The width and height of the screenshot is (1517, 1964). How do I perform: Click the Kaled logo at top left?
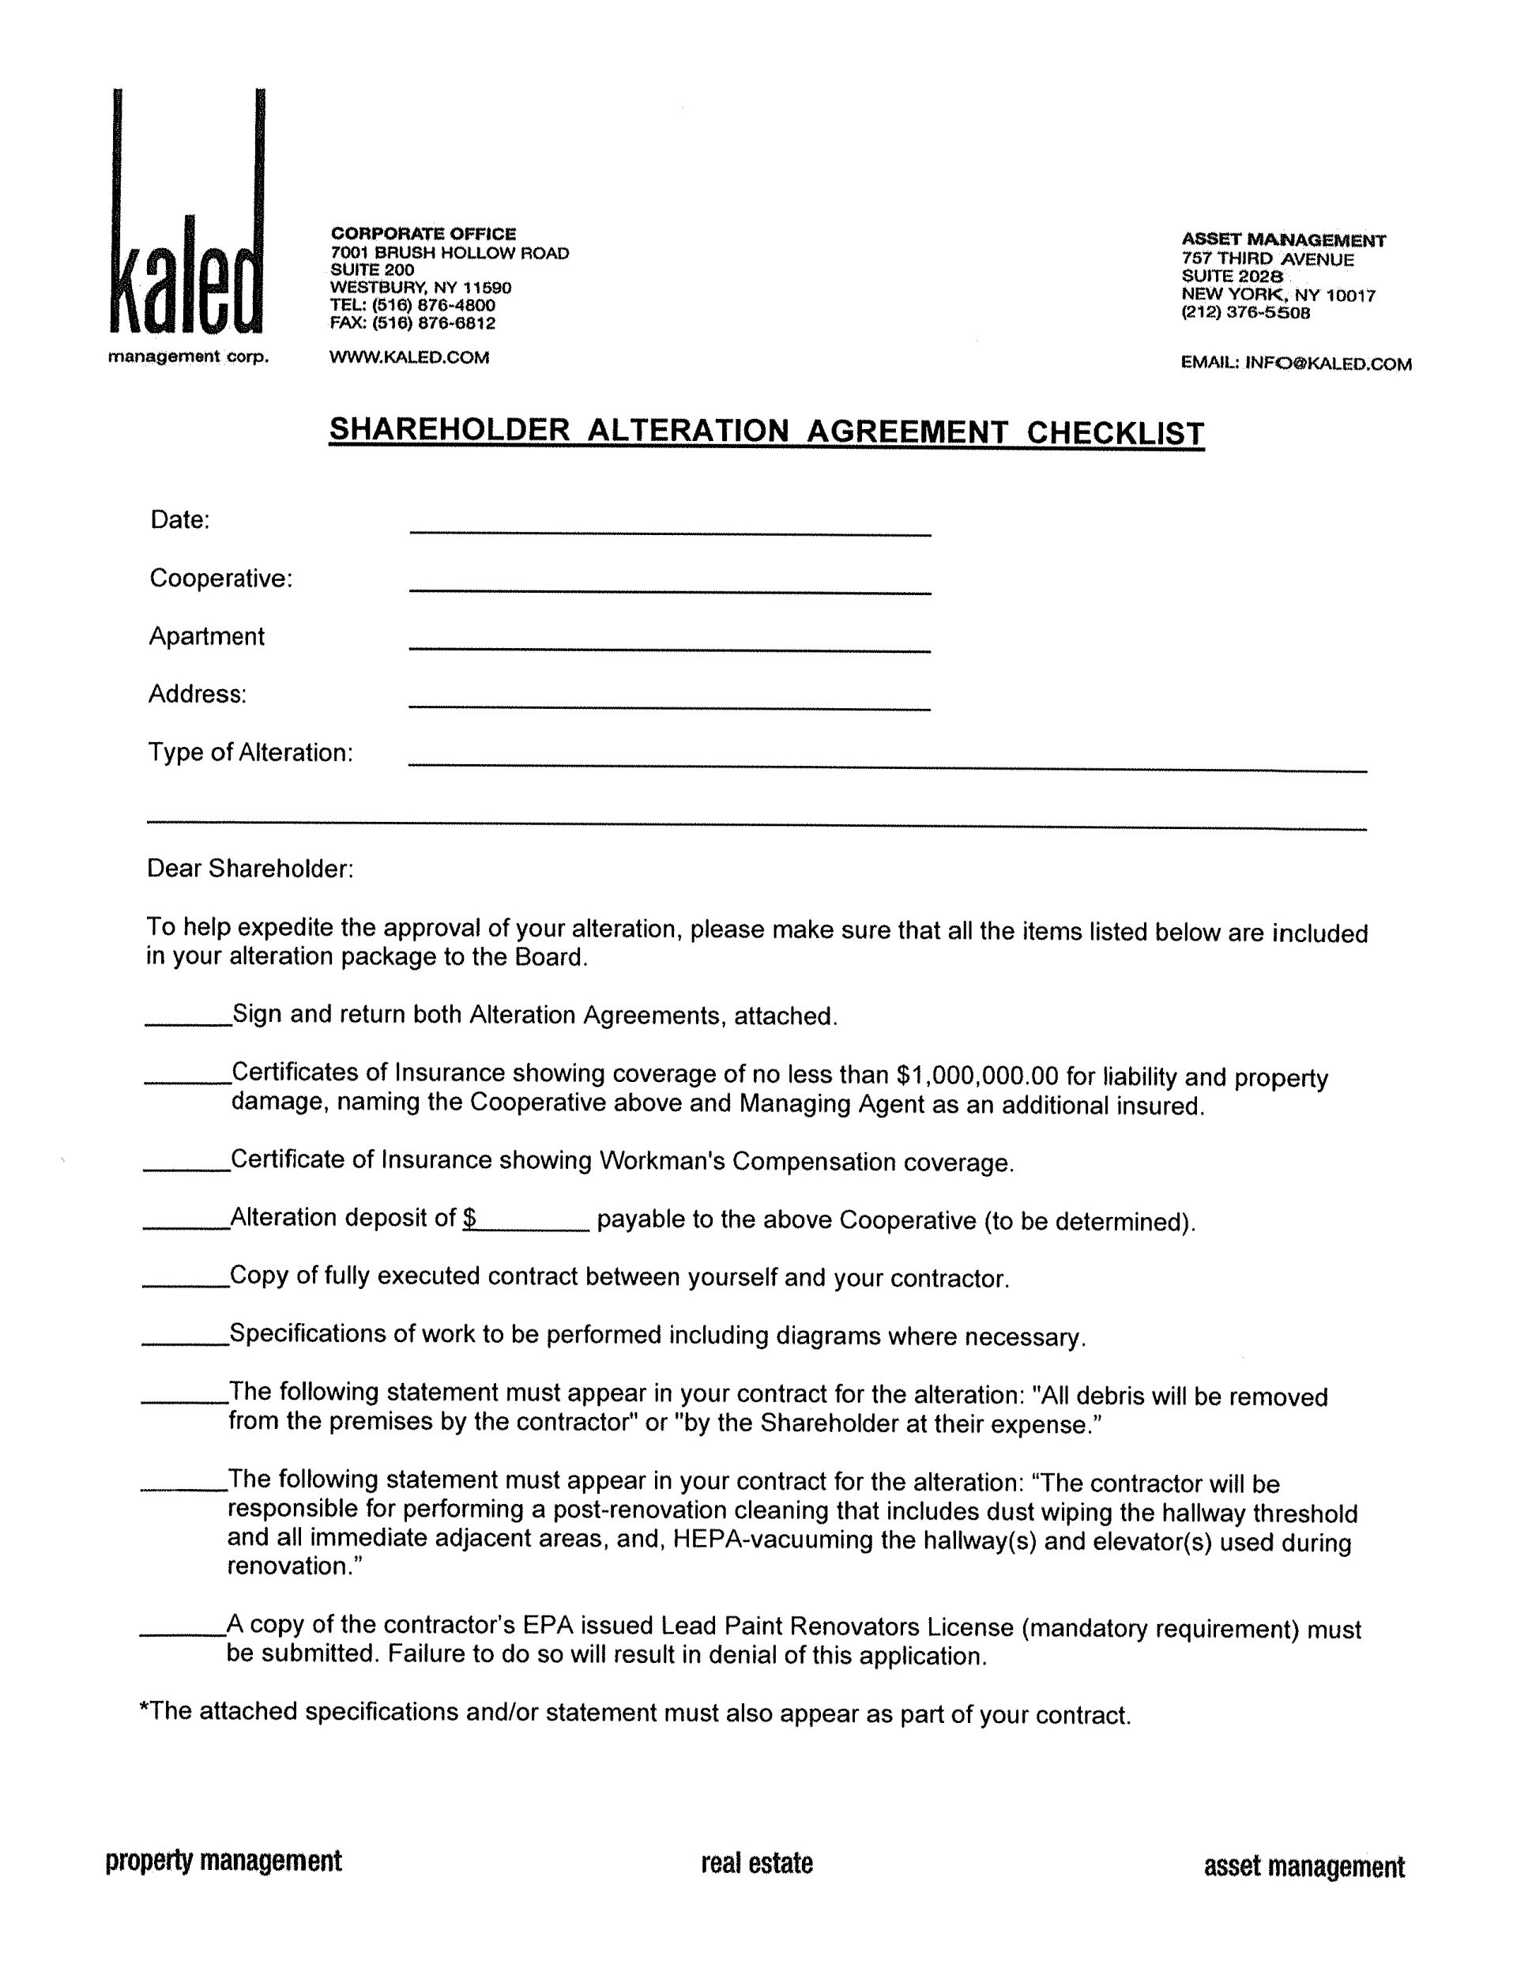click(186, 224)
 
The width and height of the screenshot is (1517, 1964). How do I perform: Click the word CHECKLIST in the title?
click(1114, 432)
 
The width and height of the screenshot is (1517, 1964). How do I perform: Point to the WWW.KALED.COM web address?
click(409, 358)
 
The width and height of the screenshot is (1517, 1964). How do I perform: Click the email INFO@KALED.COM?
click(1327, 364)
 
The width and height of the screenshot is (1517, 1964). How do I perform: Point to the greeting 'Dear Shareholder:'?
click(250, 869)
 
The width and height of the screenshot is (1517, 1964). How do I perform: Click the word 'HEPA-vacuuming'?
click(773, 1539)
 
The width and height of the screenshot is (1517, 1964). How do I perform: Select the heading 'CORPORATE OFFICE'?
click(423, 234)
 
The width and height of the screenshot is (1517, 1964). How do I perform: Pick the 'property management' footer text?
click(224, 1860)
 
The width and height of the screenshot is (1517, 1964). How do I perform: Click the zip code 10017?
click(1350, 296)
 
